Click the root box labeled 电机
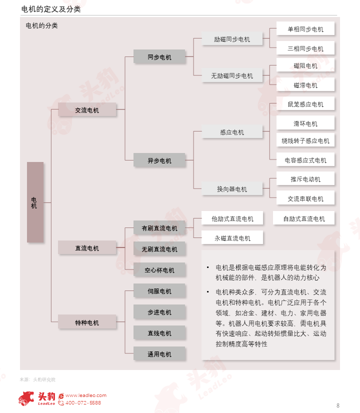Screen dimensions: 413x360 pos(35,202)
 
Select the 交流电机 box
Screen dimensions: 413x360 pos(87,110)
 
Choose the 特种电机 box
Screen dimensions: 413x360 pos(87,322)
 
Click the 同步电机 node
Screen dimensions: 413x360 pos(159,57)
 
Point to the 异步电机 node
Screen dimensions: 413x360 pos(159,160)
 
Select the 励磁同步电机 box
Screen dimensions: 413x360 pos(232,39)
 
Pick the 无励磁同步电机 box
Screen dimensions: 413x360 pos(232,76)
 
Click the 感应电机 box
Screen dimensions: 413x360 pos(232,132)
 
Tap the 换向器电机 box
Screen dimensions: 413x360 pos(232,189)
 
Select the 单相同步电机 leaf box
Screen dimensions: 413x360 pos(305,29)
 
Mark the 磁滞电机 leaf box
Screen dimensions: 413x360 pos(305,85)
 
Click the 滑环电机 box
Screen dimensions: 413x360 pos(305,123)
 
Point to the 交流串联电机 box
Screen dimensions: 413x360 pos(305,198)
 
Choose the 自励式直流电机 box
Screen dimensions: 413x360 pos(304,218)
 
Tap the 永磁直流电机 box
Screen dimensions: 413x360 pos(232,238)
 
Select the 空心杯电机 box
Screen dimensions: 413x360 pos(159,270)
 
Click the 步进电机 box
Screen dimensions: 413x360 pos(159,312)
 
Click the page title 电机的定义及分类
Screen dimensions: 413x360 pos(51,9)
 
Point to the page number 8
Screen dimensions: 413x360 pos(338,405)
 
